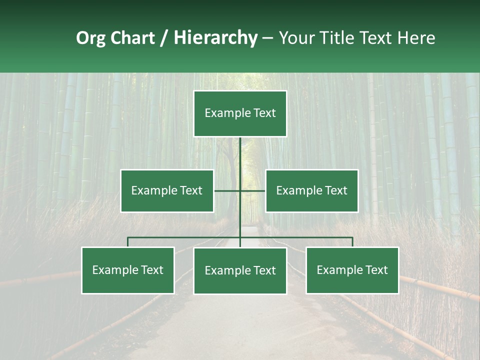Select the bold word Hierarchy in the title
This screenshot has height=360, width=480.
tap(215, 38)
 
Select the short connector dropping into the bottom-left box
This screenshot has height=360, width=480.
tap(128, 242)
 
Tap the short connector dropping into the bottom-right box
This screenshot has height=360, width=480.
tap(352, 242)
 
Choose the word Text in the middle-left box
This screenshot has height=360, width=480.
tap(191, 190)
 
